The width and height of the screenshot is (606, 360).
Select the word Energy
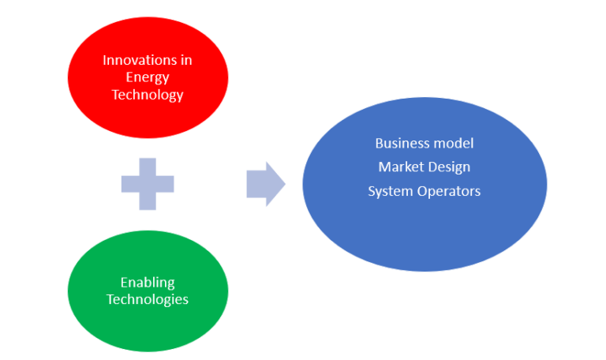[x=148, y=77]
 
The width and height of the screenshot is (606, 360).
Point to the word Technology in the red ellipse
[x=148, y=95]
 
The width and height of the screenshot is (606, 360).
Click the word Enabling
[x=148, y=282]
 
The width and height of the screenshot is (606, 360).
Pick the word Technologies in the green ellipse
[x=148, y=299]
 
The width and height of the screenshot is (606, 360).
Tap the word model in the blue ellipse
[x=454, y=143]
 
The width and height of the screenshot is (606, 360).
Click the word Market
[x=402, y=167]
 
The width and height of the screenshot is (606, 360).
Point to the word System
[x=389, y=190]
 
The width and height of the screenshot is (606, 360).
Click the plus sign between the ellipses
[x=148, y=184]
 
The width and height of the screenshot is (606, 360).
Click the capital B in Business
[x=379, y=143]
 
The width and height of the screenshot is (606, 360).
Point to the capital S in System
[x=372, y=190]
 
